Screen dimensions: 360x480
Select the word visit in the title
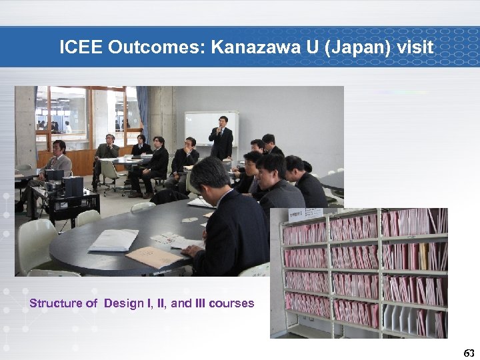click(x=414, y=47)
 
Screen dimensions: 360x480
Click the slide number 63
click(x=469, y=352)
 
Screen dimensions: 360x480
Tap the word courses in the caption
click(x=231, y=303)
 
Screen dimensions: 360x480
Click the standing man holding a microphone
click(x=221, y=137)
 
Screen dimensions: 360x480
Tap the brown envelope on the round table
click(x=153, y=257)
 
